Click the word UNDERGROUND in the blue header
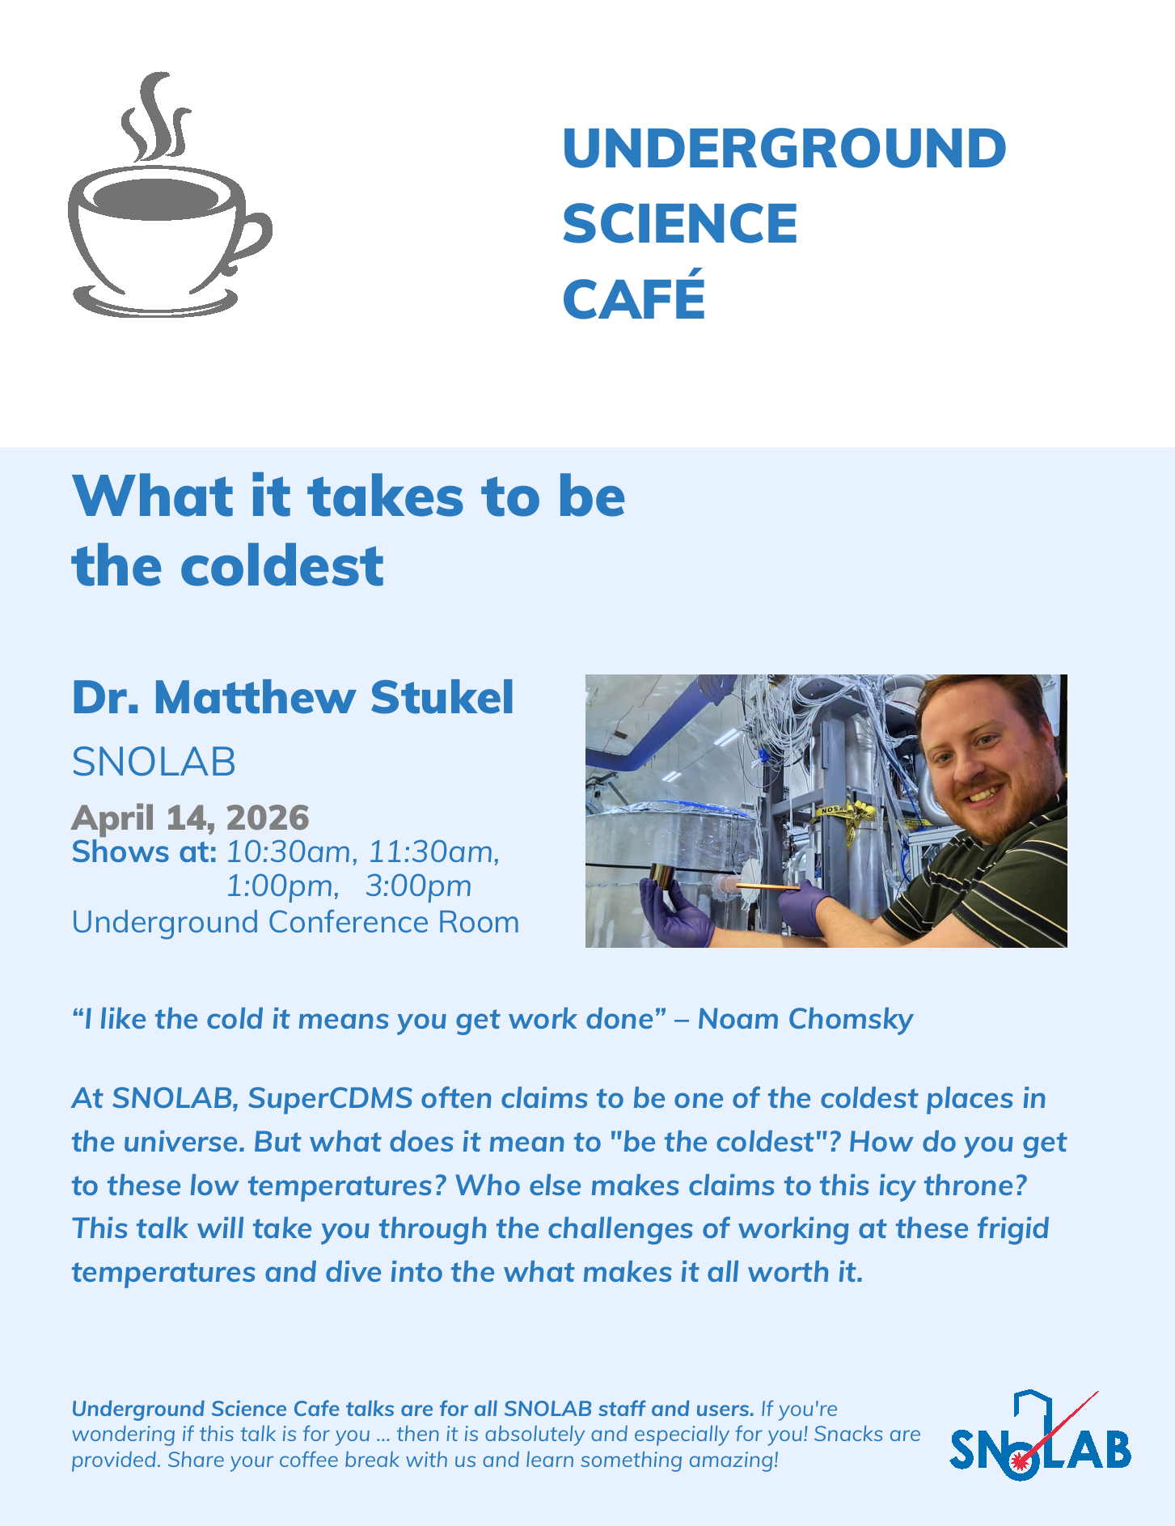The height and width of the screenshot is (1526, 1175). pyautogui.click(x=784, y=149)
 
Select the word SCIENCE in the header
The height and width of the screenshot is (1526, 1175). pyautogui.click(x=680, y=224)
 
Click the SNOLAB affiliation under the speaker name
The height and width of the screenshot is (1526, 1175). pyautogui.click(x=154, y=762)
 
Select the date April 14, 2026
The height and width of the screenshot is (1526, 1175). pyautogui.click(x=190, y=818)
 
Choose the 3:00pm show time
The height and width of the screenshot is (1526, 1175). pyautogui.click(x=418, y=886)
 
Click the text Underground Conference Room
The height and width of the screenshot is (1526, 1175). pyautogui.click(x=296, y=922)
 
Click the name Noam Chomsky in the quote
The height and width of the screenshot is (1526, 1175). pyautogui.click(x=805, y=1019)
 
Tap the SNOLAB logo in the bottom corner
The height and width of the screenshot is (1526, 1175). pyautogui.click(x=1041, y=1436)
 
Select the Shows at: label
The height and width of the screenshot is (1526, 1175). pyautogui.click(x=144, y=852)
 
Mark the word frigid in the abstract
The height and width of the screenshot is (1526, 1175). pyautogui.click(x=1013, y=1229)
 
